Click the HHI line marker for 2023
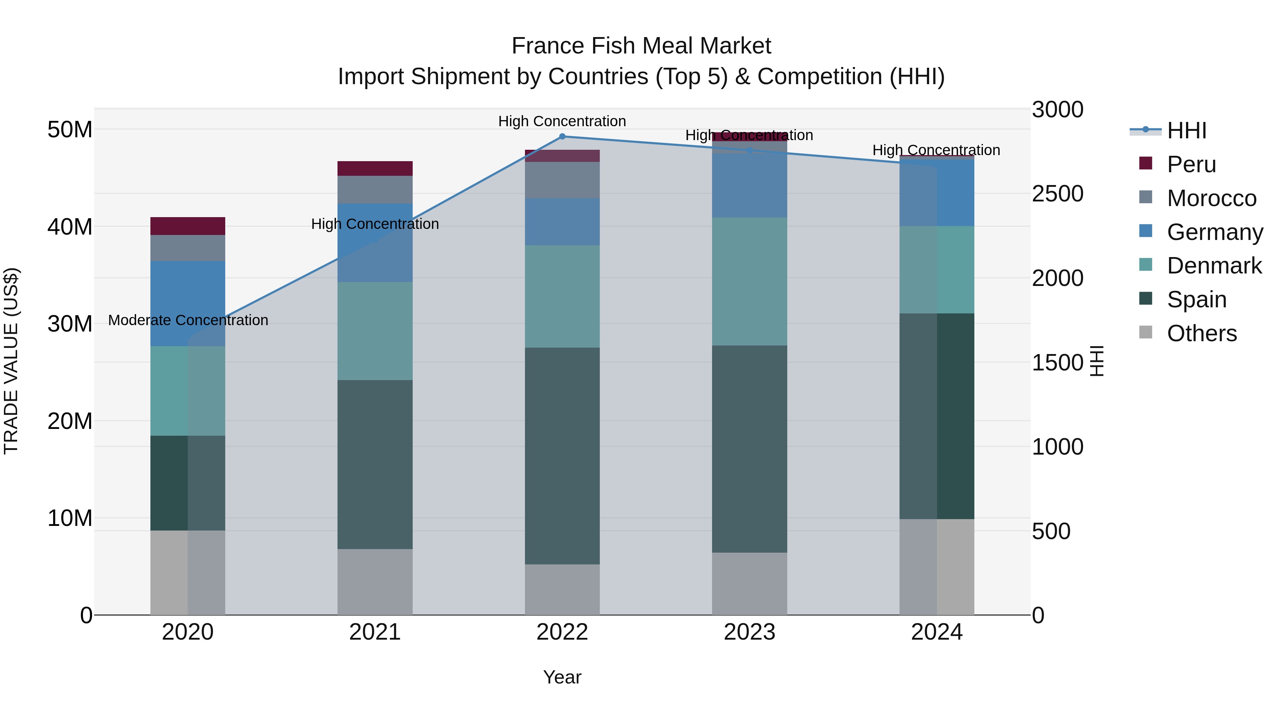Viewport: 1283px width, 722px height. click(x=749, y=150)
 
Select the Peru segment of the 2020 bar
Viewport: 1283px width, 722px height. click(x=188, y=226)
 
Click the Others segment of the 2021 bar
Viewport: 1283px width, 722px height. click(x=375, y=582)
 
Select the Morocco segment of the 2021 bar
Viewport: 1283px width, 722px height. click(x=375, y=189)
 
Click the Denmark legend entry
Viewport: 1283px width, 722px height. click(x=1214, y=266)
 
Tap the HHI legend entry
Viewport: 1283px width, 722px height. click(x=1186, y=130)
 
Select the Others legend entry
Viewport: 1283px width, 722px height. click(x=1201, y=333)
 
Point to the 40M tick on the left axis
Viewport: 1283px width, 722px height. click(x=70, y=227)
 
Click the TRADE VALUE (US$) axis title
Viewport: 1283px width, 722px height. click(x=11, y=361)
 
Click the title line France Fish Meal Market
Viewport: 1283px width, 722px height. click(x=641, y=46)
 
